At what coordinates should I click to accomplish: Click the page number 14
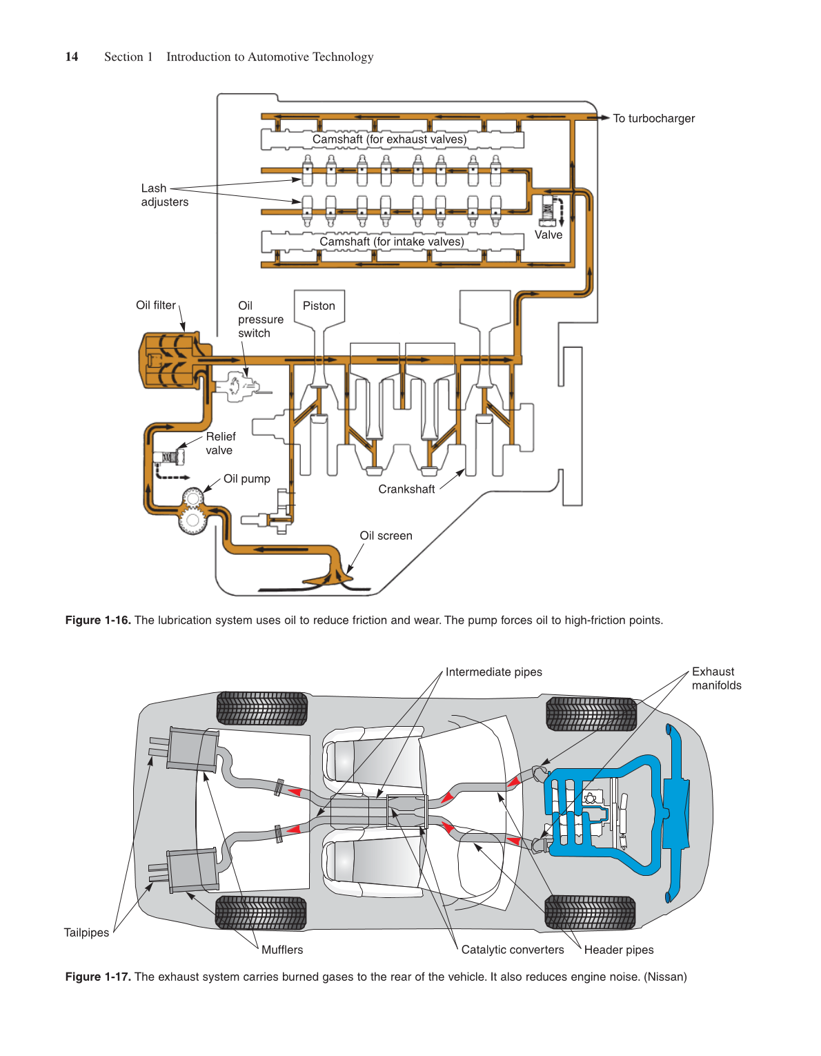click(72, 57)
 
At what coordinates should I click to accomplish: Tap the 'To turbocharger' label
click(653, 118)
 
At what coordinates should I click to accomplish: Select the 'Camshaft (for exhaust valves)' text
click(389, 139)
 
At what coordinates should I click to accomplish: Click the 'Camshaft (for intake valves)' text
click(391, 242)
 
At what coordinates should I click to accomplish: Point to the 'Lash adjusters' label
click(164, 195)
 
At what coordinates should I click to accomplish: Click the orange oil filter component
click(169, 360)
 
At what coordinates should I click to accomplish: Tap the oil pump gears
click(193, 510)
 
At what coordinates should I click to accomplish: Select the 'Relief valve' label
click(220, 443)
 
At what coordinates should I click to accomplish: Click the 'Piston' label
click(319, 306)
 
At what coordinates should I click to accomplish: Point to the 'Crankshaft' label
click(406, 489)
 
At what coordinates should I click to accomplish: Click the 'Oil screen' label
click(386, 536)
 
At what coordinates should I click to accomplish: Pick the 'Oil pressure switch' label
click(260, 320)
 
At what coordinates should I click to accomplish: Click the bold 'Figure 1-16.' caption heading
click(98, 620)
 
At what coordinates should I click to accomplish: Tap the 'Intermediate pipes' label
click(493, 672)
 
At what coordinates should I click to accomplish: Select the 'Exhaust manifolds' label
click(716, 678)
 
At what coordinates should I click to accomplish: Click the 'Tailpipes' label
click(86, 932)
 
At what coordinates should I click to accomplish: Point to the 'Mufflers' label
click(282, 950)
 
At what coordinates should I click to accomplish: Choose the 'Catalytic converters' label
click(513, 950)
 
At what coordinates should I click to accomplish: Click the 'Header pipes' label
click(619, 950)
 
